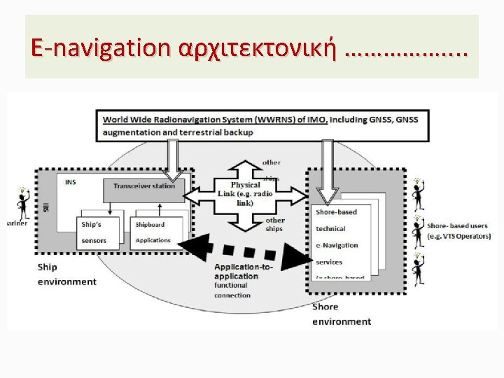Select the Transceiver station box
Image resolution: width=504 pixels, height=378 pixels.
[145, 186]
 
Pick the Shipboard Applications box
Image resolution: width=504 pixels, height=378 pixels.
[157, 233]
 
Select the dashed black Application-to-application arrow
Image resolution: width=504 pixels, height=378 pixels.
[245, 250]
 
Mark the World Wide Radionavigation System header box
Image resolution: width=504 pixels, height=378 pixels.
[260, 125]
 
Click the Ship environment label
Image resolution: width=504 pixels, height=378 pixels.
[66, 275]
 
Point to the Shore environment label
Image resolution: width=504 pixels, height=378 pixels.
[342, 314]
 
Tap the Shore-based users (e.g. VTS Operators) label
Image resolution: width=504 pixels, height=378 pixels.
[458, 230]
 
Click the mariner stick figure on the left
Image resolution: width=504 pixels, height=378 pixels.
[22, 202]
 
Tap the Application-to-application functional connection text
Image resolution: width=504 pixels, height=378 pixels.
[238, 281]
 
